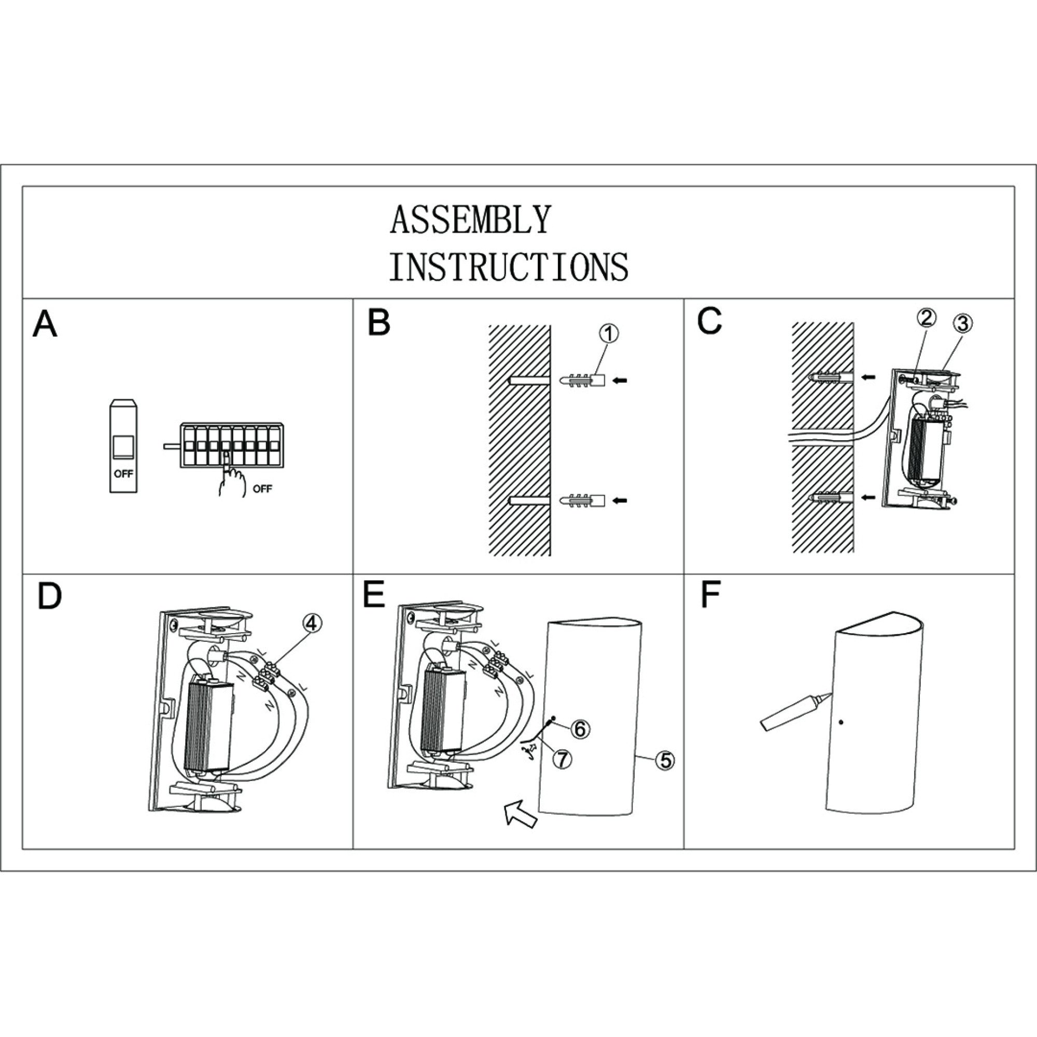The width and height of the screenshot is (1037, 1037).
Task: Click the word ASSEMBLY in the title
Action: coord(470,219)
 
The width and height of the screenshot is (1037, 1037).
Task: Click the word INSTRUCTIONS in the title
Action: coord(508,267)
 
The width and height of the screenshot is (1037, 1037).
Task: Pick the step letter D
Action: coord(49,596)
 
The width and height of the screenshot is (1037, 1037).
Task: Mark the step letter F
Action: coord(710,596)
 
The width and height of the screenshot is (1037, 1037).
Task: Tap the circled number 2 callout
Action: coord(927,318)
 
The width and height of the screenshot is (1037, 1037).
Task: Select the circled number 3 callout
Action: coord(963,323)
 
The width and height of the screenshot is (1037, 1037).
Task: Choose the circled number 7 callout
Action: coord(562,759)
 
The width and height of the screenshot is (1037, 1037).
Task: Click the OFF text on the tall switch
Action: coord(123,474)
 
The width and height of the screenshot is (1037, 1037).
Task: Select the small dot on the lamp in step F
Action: coord(841,722)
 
